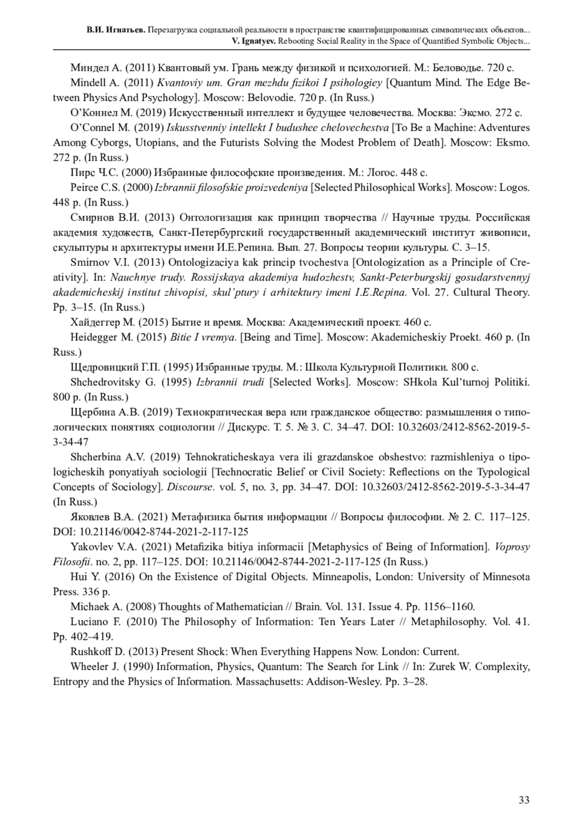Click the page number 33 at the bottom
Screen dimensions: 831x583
click(524, 800)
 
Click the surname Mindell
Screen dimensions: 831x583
click(88, 82)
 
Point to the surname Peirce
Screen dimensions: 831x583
click(85, 188)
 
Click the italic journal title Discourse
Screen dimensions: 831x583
click(190, 487)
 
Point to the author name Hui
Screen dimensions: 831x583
click(79, 577)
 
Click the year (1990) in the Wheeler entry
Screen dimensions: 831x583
click(137, 667)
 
